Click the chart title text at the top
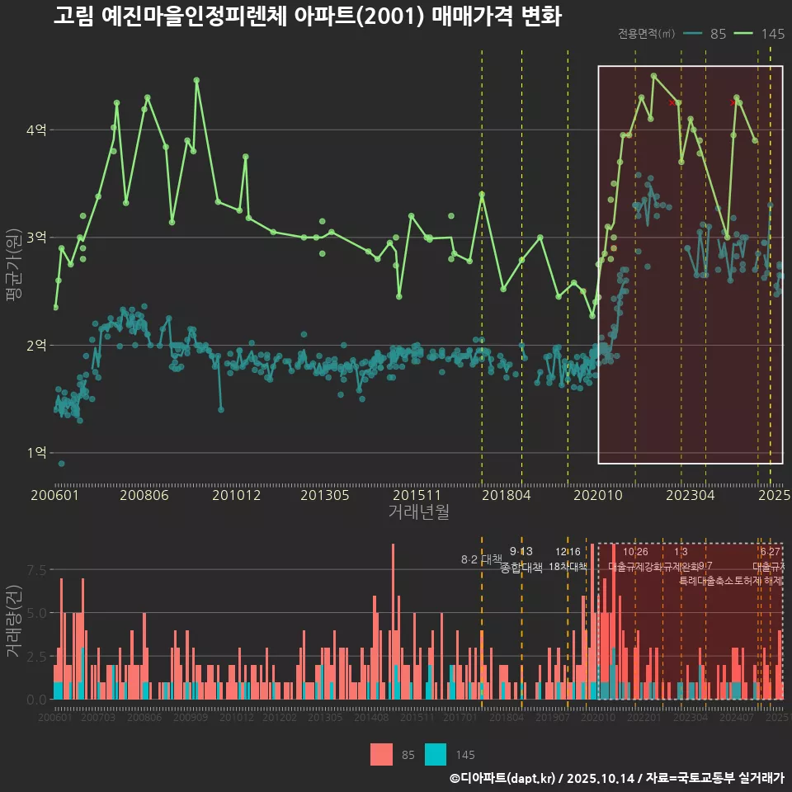pyautogui.click(x=307, y=16)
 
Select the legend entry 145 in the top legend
pyautogui.click(x=762, y=34)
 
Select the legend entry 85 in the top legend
pyautogui.click(x=708, y=34)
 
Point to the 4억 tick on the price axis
pyautogui.click(x=36, y=130)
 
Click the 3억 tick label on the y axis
pyautogui.click(x=36, y=238)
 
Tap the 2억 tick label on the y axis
pyautogui.click(x=36, y=345)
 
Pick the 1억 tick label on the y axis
pyautogui.click(x=36, y=453)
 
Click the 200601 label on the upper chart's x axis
pyautogui.click(x=54, y=496)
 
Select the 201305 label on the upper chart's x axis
pyautogui.click(x=325, y=496)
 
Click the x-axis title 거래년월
pyautogui.click(x=418, y=512)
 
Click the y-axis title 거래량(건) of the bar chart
pyautogui.click(x=12, y=621)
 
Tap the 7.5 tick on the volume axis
pyautogui.click(x=36, y=570)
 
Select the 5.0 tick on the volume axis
pyautogui.click(x=36, y=613)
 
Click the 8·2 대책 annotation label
pyautogui.click(x=481, y=559)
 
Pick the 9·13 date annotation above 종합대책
pyautogui.click(x=521, y=551)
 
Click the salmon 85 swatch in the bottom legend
pyautogui.click(x=382, y=754)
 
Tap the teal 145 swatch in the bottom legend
pyautogui.click(x=436, y=754)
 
